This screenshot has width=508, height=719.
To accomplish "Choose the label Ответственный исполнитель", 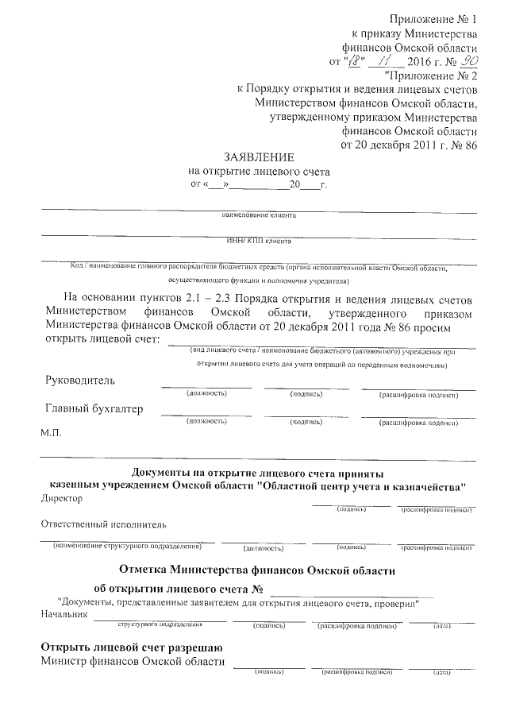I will pos(102,524).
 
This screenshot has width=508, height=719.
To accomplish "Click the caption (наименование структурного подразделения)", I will pos(127,547).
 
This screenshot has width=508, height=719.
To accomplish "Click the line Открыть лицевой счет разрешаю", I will pos(131,647).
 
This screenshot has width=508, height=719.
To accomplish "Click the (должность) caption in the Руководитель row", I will pos(206,393).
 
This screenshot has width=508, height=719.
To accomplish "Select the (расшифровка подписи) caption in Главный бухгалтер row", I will pos(418,423).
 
